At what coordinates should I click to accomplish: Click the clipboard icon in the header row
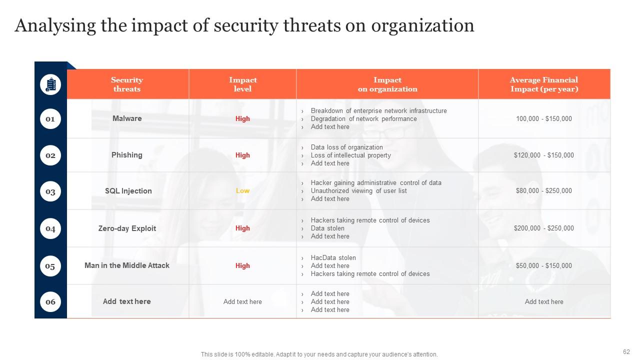(50, 84)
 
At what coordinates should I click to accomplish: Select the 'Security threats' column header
(127, 84)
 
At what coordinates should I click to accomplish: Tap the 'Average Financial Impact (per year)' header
(544, 84)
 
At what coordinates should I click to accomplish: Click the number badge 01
(50, 119)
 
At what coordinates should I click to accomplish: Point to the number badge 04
(50, 229)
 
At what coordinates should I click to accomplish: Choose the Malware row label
(127, 118)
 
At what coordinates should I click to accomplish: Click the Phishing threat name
(127, 155)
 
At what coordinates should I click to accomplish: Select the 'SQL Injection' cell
(128, 191)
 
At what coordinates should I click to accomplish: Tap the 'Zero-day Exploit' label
(127, 228)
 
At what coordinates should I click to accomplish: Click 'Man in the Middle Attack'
(127, 265)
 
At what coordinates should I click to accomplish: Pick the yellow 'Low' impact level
(242, 191)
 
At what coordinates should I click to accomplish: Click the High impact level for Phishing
(242, 155)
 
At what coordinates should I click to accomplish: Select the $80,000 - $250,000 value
(544, 191)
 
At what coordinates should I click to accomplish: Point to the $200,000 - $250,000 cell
(544, 228)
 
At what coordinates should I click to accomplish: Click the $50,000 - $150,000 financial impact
(544, 266)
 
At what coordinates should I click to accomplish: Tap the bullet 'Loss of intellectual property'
(350, 155)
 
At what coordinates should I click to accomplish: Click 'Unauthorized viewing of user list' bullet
(358, 191)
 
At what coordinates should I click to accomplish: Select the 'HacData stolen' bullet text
(333, 258)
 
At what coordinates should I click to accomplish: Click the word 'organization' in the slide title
(422, 25)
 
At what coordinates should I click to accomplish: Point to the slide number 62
(626, 351)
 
